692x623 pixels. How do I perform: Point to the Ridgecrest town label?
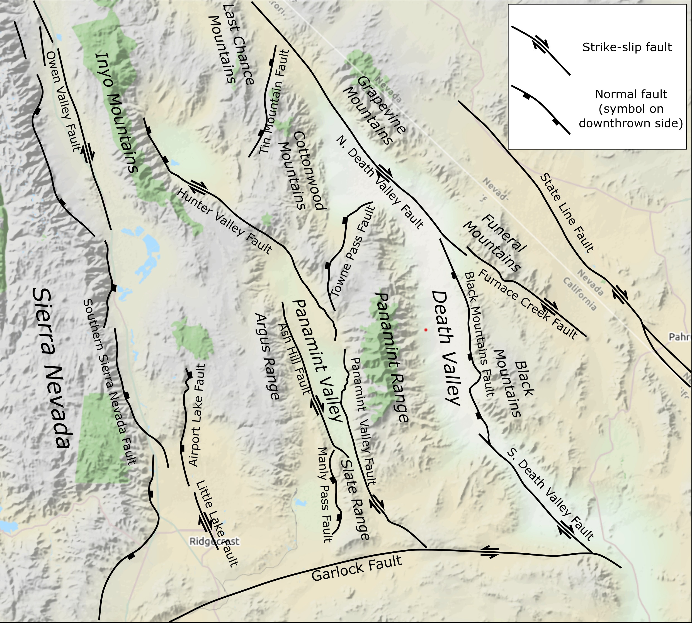[x=214, y=542]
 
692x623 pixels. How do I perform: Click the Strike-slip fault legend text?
[x=627, y=47]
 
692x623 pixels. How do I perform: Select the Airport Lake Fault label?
[x=198, y=414]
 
